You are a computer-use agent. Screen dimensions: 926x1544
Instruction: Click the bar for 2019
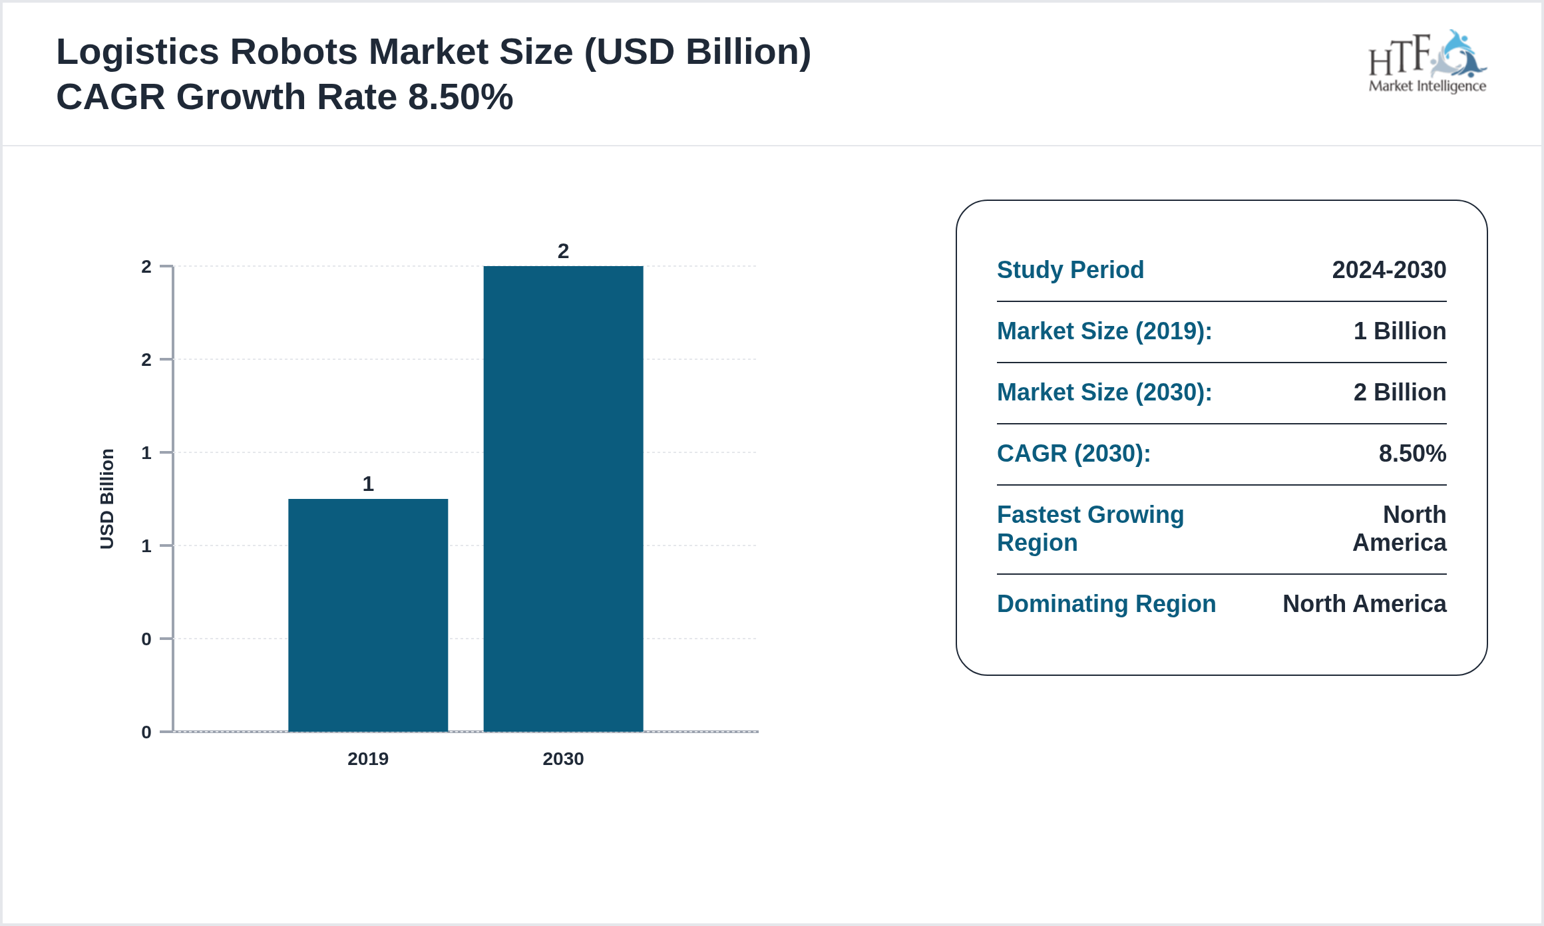(368, 615)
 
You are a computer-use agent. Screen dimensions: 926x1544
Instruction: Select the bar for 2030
(563, 499)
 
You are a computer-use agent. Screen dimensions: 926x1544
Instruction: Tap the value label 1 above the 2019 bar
(368, 484)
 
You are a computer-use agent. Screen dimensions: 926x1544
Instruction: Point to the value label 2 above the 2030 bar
(563, 251)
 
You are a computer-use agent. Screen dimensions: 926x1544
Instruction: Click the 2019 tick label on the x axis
(368, 758)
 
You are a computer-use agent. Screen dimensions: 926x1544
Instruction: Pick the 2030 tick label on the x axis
(563, 758)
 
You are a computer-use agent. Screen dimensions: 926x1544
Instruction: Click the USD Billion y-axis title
(107, 499)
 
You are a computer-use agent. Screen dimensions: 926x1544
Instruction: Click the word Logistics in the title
(137, 52)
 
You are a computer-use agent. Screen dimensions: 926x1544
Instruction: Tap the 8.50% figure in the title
(460, 97)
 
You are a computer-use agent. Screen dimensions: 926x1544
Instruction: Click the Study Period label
(1070, 269)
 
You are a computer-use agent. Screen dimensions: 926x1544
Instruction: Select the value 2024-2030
(1389, 269)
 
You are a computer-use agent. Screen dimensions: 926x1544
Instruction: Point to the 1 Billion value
(1400, 331)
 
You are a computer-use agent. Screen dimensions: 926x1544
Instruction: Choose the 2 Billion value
(1400, 392)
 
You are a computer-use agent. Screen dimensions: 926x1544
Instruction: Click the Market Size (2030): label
(1104, 392)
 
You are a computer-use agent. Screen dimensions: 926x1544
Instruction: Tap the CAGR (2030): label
(1073, 453)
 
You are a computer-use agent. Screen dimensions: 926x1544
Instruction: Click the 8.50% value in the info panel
(1412, 453)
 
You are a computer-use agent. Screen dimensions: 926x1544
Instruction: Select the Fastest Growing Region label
(1090, 528)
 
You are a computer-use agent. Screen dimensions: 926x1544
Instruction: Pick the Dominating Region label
(1106, 603)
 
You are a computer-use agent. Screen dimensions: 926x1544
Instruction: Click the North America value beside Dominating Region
(1364, 603)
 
